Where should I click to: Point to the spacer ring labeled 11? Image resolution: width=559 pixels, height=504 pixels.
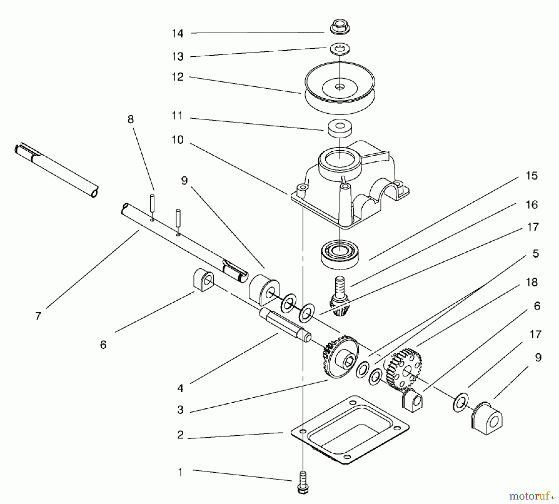point(340,129)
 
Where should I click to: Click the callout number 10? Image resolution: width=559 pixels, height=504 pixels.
point(178,140)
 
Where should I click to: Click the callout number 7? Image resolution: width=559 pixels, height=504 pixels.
point(38,316)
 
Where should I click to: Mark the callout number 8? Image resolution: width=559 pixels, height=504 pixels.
point(130,119)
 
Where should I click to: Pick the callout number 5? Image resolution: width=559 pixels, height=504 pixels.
point(535,254)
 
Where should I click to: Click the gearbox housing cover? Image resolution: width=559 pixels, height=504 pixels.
point(351,186)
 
